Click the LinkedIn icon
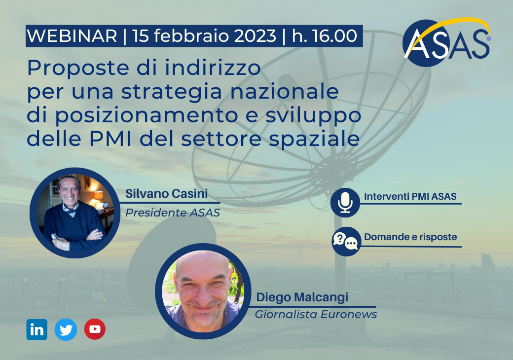pos(37,329)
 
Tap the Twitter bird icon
pos(66,329)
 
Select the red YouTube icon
pos(95,329)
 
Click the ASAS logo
pos(447,42)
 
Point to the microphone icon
pos(345,202)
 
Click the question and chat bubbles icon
pos(346,241)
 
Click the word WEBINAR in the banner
pos(72,36)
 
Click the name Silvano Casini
pos(167,194)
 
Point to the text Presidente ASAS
pos(173,213)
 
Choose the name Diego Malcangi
pos(302,297)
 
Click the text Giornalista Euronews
pos(316,314)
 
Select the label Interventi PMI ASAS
pos(410,196)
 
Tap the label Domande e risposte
pos(410,237)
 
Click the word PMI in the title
pos(110,139)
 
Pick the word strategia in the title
pos(172,92)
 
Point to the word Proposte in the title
pos(78,69)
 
